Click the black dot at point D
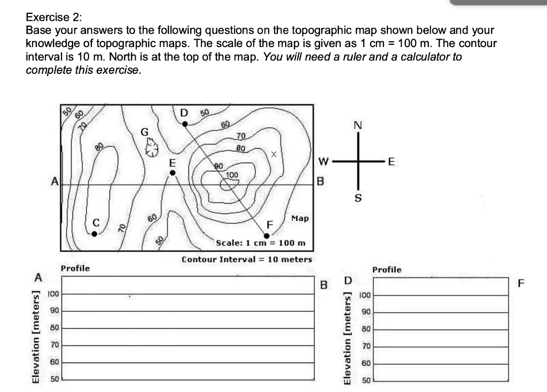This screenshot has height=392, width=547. (185, 124)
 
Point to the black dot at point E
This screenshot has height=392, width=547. (172, 173)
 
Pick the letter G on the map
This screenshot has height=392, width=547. (144, 132)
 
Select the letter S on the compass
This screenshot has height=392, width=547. (358, 198)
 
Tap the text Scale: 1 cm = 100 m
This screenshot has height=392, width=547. (261, 243)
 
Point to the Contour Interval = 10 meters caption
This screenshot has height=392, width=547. (247, 259)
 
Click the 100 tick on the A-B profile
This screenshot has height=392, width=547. (54, 294)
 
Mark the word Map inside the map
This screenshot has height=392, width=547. (300, 218)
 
